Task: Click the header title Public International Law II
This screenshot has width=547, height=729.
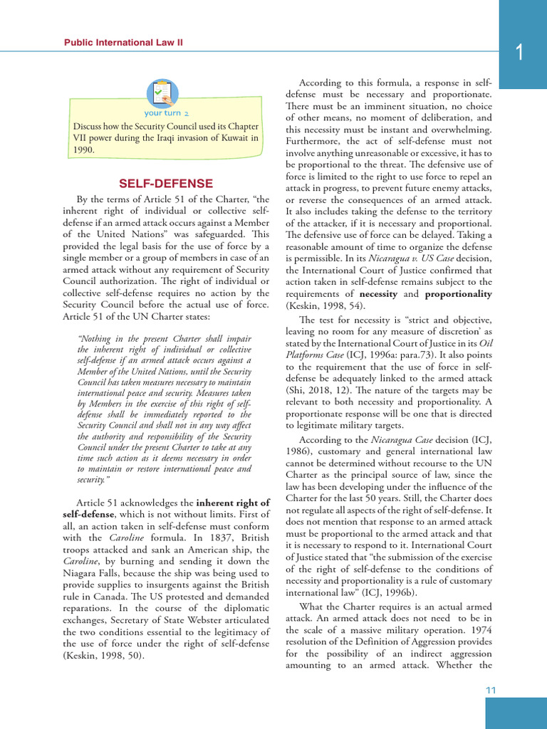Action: coord(123,43)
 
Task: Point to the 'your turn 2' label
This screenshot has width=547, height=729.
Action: coord(166,113)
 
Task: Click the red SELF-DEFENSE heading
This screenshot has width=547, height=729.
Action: coord(166,184)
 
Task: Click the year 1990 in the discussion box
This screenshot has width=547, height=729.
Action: coord(84,150)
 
